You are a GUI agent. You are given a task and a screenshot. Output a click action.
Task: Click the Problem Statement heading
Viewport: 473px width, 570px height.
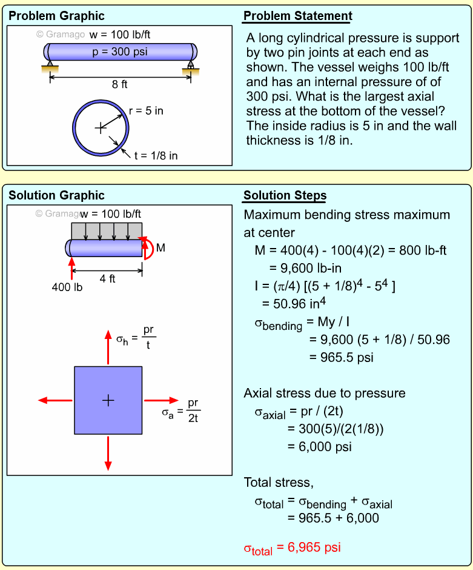(297, 16)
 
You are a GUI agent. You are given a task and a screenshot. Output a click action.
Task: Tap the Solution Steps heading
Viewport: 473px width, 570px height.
(285, 195)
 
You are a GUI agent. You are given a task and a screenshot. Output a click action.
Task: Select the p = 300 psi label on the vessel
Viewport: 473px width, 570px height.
(119, 52)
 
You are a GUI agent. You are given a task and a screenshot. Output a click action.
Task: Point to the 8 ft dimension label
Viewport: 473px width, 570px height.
(119, 85)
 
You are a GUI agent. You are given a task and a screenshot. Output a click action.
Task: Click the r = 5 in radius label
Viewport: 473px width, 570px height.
(146, 110)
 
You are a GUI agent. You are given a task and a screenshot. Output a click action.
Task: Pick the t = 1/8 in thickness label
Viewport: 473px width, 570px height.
(156, 155)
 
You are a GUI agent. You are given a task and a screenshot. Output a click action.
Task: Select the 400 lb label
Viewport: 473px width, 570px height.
(67, 287)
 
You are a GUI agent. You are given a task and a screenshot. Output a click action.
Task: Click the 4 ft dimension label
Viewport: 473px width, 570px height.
(107, 280)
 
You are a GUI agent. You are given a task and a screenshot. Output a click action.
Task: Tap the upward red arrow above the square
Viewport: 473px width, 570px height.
(108, 347)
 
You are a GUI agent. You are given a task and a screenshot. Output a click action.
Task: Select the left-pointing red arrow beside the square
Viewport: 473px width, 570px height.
(55, 400)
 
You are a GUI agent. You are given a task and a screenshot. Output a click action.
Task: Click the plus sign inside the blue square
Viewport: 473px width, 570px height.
(108, 400)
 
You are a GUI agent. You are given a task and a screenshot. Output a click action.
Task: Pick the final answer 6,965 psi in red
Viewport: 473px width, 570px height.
(292, 548)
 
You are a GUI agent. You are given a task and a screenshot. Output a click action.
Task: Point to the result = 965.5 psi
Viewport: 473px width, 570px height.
(341, 357)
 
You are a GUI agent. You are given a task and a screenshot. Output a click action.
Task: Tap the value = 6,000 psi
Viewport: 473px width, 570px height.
(319, 447)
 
